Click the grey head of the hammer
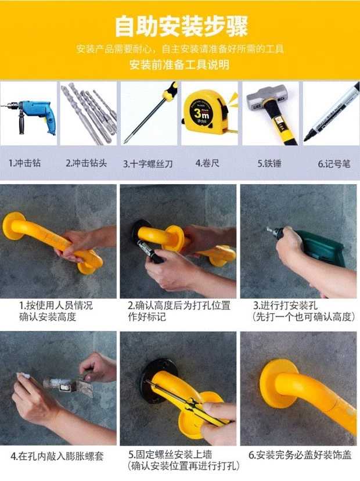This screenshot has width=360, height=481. [267, 98]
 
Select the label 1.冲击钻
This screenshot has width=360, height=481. [24, 163]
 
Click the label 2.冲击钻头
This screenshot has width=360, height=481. [86, 163]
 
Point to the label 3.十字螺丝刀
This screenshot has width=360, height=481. [148, 163]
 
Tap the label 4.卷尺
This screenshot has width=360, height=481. [207, 163]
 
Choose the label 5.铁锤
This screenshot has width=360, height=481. [269, 163]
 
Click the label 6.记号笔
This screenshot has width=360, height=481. [334, 164]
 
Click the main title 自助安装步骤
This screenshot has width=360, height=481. [181, 26]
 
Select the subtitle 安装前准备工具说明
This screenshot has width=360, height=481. [179, 64]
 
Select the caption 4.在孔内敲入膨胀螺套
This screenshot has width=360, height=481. [57, 456]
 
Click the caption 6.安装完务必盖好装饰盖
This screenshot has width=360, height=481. [300, 455]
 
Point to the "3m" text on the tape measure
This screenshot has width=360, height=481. [201, 114]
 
